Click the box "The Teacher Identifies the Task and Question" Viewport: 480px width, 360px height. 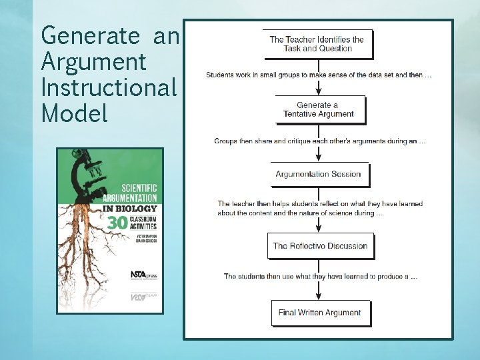(x=317, y=44)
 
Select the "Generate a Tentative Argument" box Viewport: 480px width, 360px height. (x=319, y=110)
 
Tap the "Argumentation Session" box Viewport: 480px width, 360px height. (x=319, y=175)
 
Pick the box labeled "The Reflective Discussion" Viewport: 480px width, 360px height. (x=320, y=246)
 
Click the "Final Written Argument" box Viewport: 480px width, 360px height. (x=320, y=313)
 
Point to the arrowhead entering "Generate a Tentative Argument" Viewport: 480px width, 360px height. (x=319, y=92)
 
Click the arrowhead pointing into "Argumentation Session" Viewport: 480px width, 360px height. (x=319, y=158)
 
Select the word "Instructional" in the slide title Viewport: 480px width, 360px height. (x=109, y=88)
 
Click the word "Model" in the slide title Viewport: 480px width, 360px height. (x=74, y=113)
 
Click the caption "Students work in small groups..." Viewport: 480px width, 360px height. (x=319, y=75)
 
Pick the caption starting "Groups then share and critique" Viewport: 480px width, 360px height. (x=319, y=141)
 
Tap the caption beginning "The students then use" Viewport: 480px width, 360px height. (x=321, y=276)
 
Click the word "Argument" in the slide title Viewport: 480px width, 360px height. (x=93, y=62)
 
